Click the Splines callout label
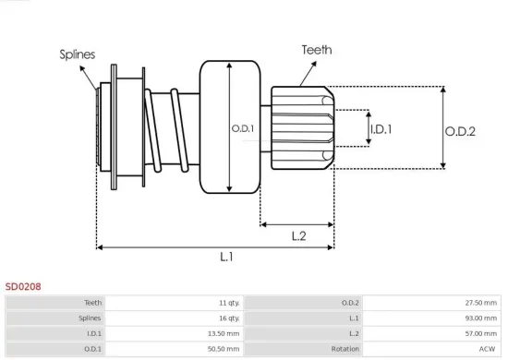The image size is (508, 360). (79, 54)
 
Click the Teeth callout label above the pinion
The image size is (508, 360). (317, 50)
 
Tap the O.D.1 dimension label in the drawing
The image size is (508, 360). (241, 127)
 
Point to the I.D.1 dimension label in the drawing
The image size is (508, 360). (380, 129)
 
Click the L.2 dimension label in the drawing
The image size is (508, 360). (298, 236)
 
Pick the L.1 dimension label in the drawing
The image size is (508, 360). (226, 258)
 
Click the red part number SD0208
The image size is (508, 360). (23, 287)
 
